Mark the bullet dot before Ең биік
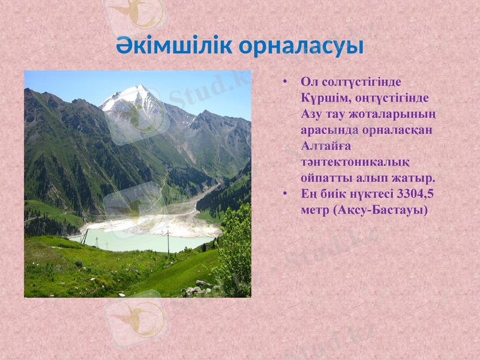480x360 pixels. [x=286, y=194]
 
